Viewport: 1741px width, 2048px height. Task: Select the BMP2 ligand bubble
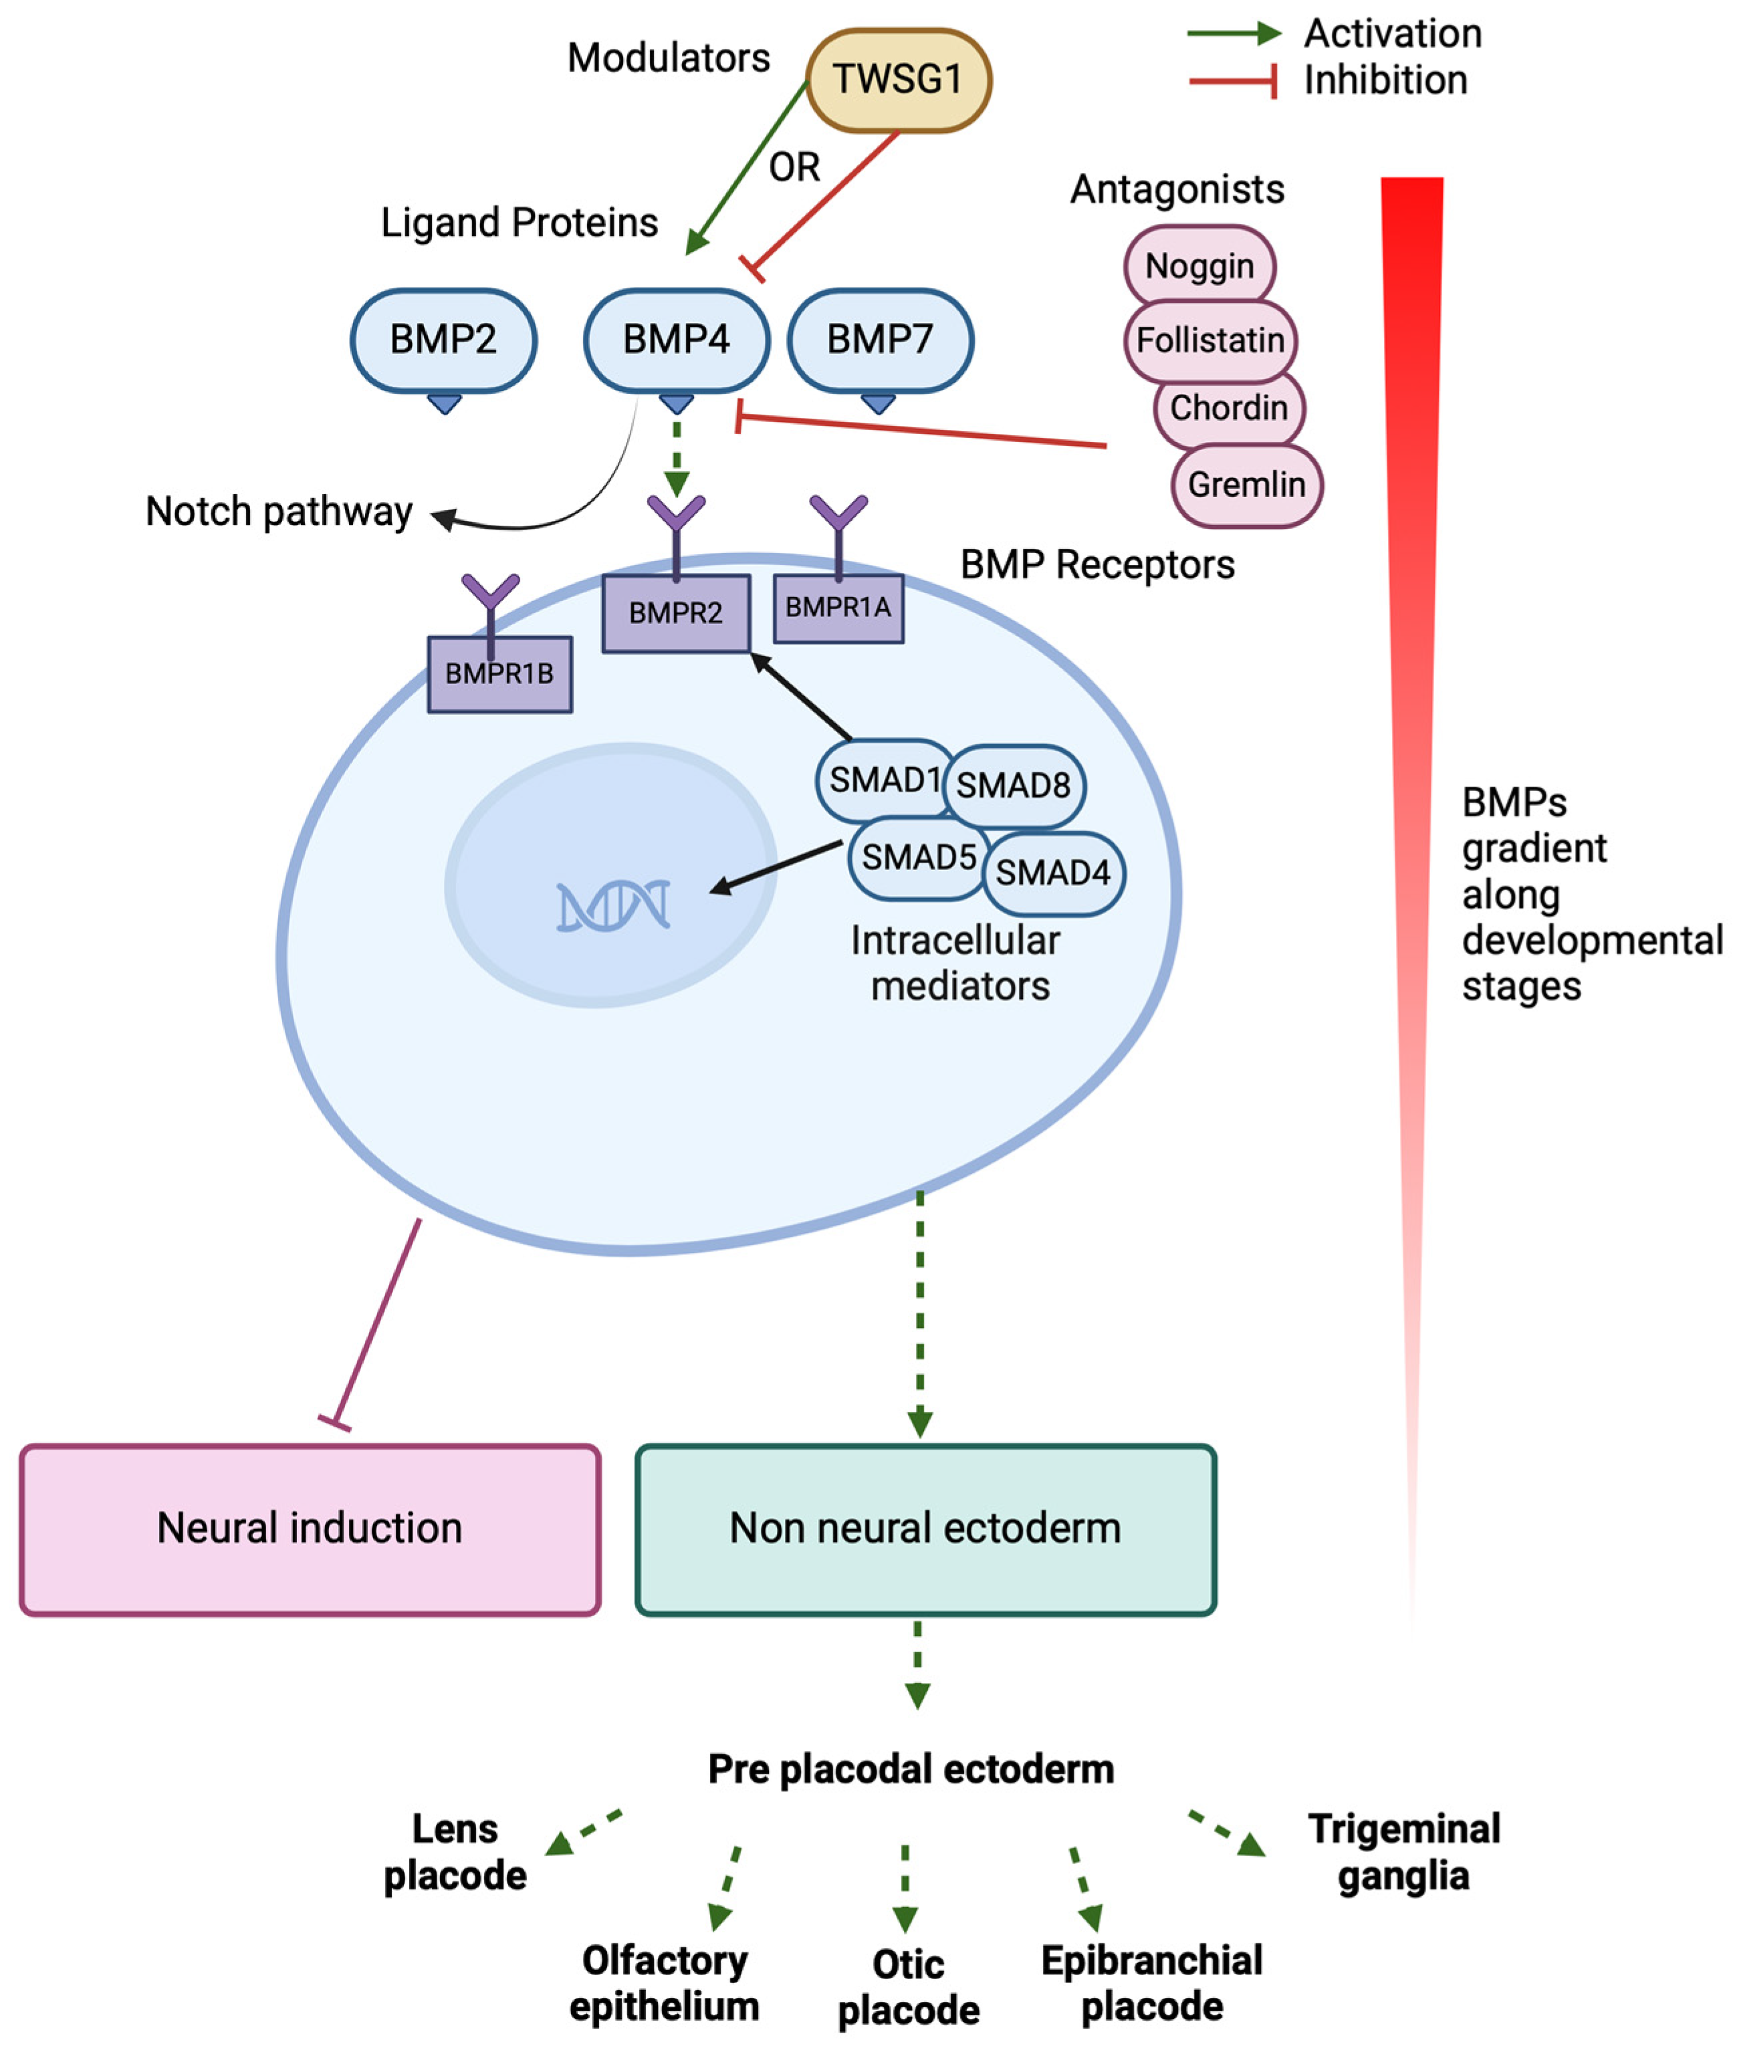point(443,340)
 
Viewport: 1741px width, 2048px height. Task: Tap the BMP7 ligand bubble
point(879,340)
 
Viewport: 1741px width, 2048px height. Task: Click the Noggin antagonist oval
point(1199,265)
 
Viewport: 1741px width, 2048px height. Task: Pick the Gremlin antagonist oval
point(1246,485)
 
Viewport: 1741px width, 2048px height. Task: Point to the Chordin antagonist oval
point(1229,408)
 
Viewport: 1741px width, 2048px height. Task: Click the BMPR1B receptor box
point(499,673)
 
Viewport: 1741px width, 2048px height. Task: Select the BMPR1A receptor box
point(838,608)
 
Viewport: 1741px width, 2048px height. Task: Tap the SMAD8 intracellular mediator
point(1014,786)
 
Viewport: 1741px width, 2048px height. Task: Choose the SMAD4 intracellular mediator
point(1053,873)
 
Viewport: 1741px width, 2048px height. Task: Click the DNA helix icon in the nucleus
point(613,906)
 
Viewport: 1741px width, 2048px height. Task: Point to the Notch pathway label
point(279,511)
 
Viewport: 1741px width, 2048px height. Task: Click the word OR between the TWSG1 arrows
point(794,166)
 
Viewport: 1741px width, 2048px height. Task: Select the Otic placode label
point(908,1986)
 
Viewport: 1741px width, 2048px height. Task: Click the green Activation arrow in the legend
point(1234,33)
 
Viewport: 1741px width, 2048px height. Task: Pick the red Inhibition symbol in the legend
point(1234,81)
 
